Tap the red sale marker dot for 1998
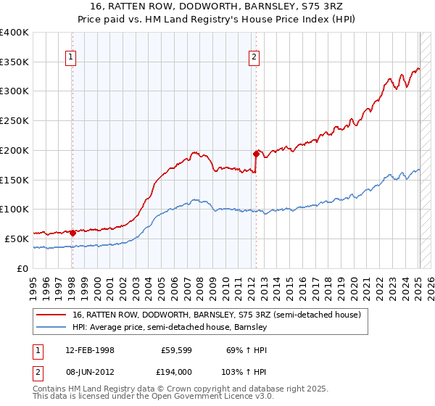pos(72,233)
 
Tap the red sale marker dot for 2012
pos(256,154)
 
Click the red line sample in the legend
pos(52,315)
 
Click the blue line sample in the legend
pos(52,328)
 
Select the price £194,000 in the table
pos(176,371)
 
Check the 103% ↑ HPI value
pos(241,371)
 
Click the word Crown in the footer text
pos(179,389)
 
